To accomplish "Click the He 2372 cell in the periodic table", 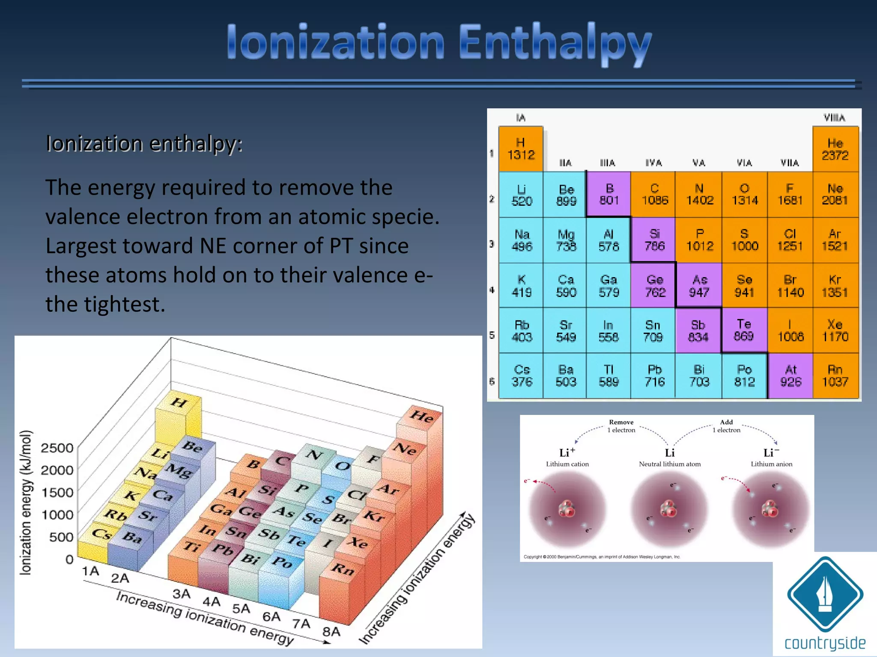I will [835, 149].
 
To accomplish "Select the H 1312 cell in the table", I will [521, 149].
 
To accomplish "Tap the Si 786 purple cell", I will [654, 240].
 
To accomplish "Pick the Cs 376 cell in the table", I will [522, 376].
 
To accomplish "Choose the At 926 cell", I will [790, 376].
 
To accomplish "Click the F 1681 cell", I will [790, 195].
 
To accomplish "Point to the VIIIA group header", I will [834, 118].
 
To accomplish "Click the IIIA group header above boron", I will [607, 163].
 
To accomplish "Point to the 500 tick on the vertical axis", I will [61, 537].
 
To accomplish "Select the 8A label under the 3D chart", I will [331, 631].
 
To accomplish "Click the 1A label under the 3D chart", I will [90, 571].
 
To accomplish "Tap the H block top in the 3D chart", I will [179, 402].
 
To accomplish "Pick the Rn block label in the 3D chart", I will [343, 568].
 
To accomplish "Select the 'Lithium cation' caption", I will [567, 464].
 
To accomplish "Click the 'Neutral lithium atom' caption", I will [670, 464].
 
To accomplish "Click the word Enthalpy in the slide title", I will [555, 43].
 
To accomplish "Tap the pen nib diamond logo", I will [825, 594].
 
